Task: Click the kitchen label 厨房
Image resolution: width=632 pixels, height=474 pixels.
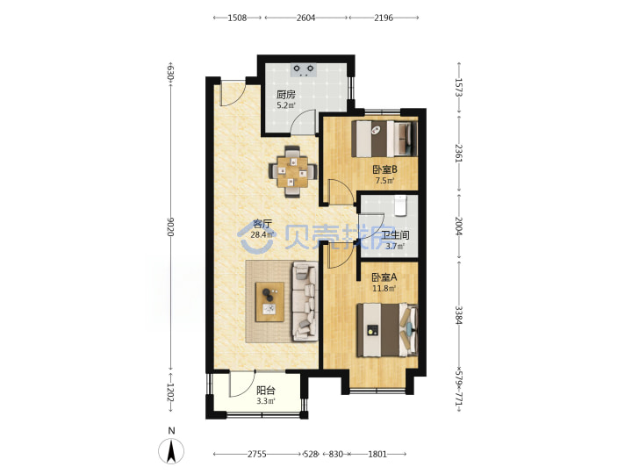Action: pos(286,95)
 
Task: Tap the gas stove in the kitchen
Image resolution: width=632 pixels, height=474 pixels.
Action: pos(304,70)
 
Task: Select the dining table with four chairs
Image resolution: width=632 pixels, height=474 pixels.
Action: pos(293,172)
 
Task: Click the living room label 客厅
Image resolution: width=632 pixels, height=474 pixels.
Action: pos(262,224)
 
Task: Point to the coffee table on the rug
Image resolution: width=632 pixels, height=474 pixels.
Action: pos(269,301)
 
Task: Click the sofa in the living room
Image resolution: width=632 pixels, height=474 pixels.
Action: pos(305,301)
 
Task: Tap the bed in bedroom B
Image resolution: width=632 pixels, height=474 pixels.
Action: pos(384,139)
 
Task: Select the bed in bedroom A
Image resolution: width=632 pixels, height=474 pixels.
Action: pos(387,330)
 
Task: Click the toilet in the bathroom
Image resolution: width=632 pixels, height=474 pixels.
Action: pos(401,205)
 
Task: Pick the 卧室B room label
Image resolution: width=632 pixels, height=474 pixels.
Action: pos(384,169)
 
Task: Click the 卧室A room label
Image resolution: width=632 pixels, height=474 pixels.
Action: pos(384,277)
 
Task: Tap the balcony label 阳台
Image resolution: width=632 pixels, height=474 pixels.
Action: pos(266,391)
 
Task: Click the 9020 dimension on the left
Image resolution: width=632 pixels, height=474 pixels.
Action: pos(170,227)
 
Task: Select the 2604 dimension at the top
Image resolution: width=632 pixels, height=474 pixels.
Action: pos(306,18)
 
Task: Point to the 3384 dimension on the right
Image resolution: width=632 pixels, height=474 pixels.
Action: pos(458,315)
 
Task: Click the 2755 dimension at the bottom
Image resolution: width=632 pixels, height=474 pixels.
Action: pos(256,455)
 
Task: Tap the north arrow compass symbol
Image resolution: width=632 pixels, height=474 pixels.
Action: pos(171,450)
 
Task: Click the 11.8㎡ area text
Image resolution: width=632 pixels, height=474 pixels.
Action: pos(384,289)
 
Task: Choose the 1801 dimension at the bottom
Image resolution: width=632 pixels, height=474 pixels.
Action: pos(377,455)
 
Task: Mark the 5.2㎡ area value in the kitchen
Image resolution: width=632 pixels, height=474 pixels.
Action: pos(286,106)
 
